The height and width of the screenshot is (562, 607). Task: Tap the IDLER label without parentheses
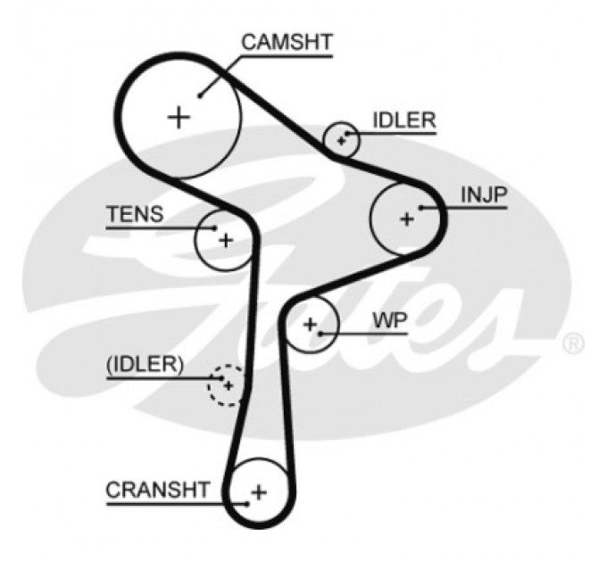(x=403, y=120)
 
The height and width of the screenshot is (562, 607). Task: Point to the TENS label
(x=135, y=214)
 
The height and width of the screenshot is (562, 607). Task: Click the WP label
(x=389, y=320)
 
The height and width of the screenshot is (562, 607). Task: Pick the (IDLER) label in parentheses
(x=145, y=364)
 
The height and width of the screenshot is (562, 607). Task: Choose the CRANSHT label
(x=158, y=489)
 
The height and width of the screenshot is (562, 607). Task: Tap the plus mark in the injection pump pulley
(x=407, y=219)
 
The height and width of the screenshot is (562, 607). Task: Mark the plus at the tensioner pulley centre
(x=226, y=239)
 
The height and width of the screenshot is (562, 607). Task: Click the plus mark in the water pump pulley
(x=310, y=325)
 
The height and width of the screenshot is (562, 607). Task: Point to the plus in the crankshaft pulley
(x=259, y=492)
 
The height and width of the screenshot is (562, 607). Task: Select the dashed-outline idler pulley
(x=227, y=385)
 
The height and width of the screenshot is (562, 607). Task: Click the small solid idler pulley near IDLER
(x=342, y=140)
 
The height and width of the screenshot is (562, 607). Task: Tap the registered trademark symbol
(x=575, y=343)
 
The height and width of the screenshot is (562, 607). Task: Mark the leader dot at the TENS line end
(x=215, y=228)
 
